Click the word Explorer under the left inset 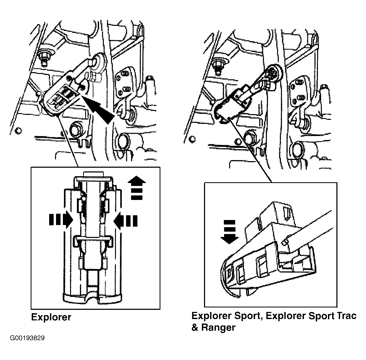tap(51, 317)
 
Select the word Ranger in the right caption tap(218, 328)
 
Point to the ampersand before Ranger tap(195, 327)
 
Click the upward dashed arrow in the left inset tap(137, 188)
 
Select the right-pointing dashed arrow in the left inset tap(61, 220)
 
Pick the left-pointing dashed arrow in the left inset tap(125, 221)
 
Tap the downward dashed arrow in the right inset tap(230, 232)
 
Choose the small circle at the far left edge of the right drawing tap(192, 139)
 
